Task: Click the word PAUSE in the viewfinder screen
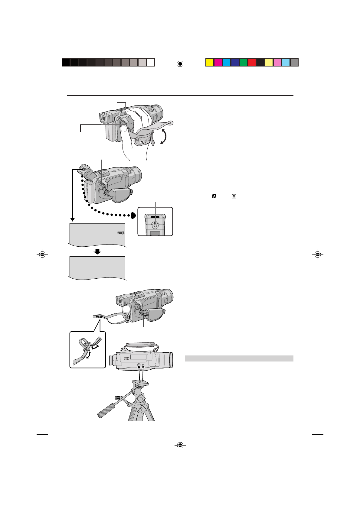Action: coord(121,233)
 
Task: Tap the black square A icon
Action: coord(214,196)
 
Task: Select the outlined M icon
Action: coord(234,196)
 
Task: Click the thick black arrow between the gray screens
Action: coord(97,251)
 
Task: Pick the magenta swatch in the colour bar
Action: coord(218,62)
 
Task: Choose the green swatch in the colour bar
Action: coord(244,62)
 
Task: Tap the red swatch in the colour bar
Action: coord(252,62)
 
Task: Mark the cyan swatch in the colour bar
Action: coord(226,62)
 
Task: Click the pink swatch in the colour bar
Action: coord(277,62)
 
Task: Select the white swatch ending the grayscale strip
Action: coord(151,62)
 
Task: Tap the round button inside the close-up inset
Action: coord(155,225)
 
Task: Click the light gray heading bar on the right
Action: coord(239,358)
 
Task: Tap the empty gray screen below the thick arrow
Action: coord(97,267)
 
